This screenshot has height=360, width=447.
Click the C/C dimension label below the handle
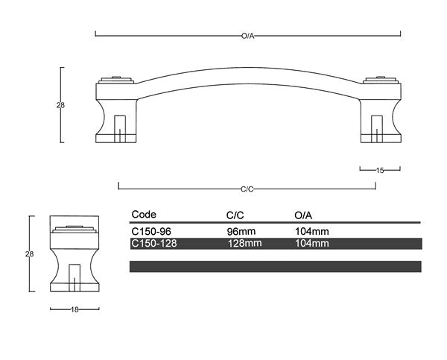248,189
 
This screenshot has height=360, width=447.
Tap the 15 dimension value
379,171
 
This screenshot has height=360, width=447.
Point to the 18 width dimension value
74,309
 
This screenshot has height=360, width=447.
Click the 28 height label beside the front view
60,105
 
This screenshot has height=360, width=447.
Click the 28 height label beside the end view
30,254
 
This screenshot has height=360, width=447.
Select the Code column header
143,214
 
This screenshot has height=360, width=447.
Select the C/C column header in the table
235,215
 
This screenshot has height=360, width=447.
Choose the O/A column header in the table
304,215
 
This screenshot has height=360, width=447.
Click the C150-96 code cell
151,232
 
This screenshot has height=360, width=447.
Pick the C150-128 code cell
153,243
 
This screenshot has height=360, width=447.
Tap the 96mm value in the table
242,232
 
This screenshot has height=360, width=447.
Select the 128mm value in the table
244,243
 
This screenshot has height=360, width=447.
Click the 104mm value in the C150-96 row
312,232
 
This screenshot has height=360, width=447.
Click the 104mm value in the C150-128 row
312,243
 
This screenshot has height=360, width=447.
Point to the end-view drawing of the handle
74,257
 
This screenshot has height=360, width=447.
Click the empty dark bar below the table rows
275,266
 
